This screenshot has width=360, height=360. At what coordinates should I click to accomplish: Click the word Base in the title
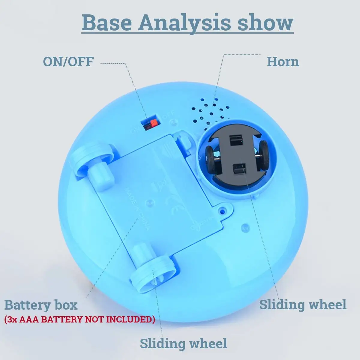coord(106,22)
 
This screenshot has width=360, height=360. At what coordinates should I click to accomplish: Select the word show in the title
coord(265,22)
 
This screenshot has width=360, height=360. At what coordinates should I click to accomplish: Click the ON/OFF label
coord(68,61)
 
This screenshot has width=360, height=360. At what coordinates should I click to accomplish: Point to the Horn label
coord(283,62)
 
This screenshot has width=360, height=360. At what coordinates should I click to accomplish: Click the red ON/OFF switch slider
coord(154,122)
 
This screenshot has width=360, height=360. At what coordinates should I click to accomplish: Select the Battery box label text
coord(41,305)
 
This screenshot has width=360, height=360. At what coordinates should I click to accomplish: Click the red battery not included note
coord(80,319)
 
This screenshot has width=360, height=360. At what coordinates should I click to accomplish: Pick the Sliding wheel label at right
coord(303,304)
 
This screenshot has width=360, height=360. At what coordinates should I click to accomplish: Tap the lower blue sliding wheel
coord(153,274)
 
